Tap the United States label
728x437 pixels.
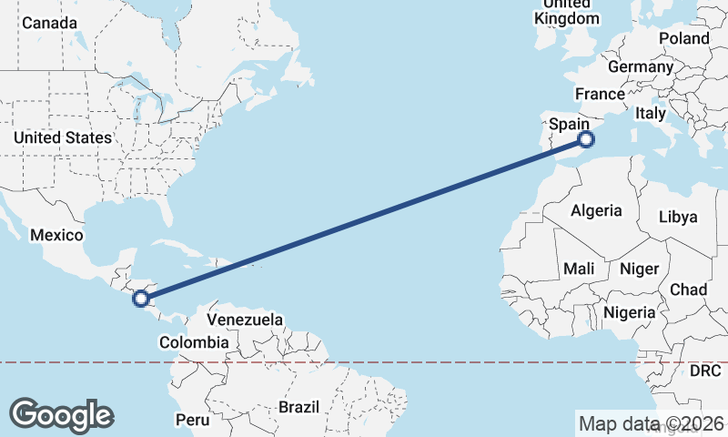(x=63, y=137)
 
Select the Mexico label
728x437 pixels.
(x=56, y=235)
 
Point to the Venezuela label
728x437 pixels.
(x=245, y=320)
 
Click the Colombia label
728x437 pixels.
(x=194, y=342)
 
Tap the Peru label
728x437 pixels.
(x=192, y=420)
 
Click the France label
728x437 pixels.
(x=600, y=94)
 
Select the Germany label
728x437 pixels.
(x=641, y=66)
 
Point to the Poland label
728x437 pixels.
(x=683, y=38)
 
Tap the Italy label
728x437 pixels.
(x=651, y=113)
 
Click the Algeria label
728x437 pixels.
(x=597, y=210)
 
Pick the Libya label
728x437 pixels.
(x=679, y=217)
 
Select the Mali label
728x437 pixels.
(x=579, y=269)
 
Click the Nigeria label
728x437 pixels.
(x=630, y=312)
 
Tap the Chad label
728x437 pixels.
(x=688, y=290)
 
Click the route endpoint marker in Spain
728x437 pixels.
(x=586, y=139)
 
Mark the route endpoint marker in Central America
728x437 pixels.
(x=140, y=298)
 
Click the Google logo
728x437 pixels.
(x=62, y=414)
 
